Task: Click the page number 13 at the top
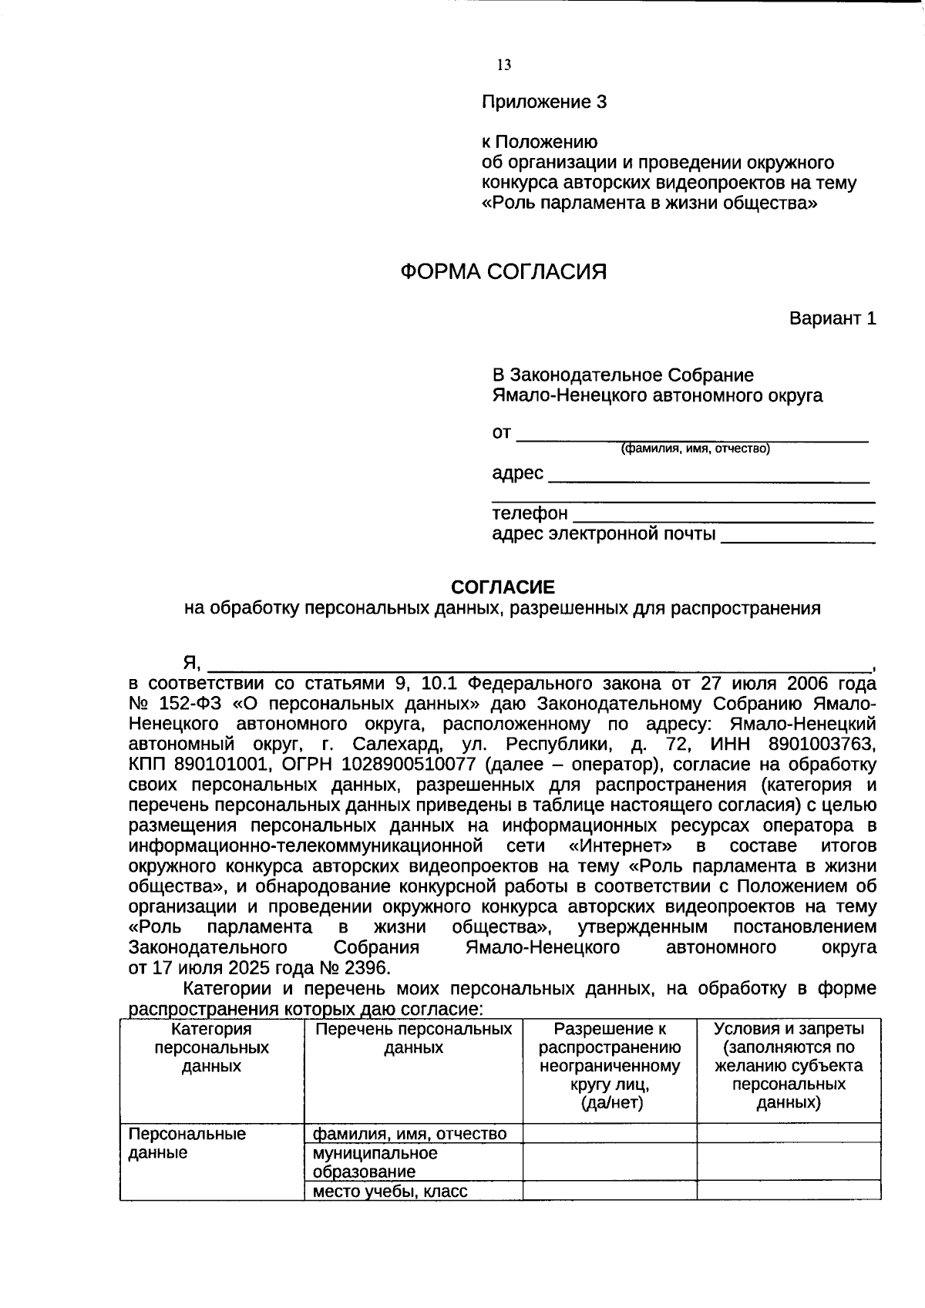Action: point(504,66)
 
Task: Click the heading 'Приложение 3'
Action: point(544,102)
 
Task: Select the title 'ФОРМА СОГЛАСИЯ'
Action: point(503,271)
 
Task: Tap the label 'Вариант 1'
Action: point(832,318)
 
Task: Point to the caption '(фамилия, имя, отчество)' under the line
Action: point(695,449)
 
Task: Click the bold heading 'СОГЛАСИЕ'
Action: point(503,587)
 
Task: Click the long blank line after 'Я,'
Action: point(540,665)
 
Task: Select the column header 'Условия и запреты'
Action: point(789,1029)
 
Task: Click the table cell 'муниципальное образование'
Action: point(375,1162)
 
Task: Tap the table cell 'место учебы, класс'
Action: point(389,1192)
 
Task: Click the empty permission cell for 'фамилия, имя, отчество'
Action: point(609,1133)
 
